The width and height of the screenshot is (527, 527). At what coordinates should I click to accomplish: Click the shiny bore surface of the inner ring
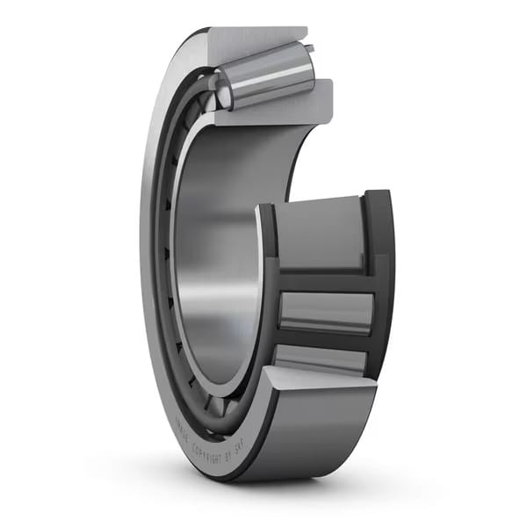(220, 263)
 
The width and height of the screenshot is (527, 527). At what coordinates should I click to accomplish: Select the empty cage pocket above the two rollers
(321, 233)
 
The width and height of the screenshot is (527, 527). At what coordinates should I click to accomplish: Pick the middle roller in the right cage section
(325, 312)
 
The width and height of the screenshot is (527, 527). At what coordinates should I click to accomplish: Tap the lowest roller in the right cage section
(321, 359)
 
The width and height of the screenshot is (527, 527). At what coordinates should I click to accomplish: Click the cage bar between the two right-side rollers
(325, 338)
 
